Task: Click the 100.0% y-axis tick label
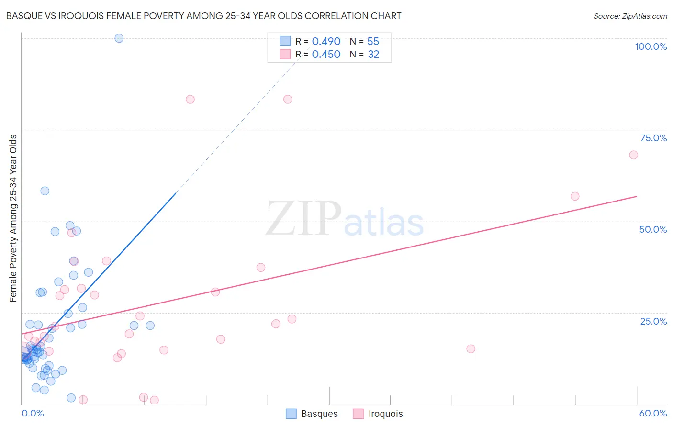(x=651, y=46)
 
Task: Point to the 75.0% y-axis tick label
(x=653, y=138)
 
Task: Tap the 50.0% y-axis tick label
(x=653, y=229)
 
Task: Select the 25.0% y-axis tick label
(x=653, y=321)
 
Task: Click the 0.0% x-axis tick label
(x=33, y=413)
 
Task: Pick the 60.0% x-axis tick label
(x=653, y=413)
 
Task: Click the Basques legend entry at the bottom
(x=312, y=414)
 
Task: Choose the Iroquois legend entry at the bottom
(x=378, y=414)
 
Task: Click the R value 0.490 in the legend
(x=326, y=42)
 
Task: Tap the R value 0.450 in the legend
(x=326, y=55)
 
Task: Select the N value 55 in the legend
(x=373, y=42)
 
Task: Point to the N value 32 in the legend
(x=373, y=55)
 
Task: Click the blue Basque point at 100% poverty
(x=119, y=38)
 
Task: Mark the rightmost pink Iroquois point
(x=633, y=155)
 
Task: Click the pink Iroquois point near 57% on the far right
(x=575, y=196)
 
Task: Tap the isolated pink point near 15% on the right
(x=471, y=349)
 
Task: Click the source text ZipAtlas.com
(x=630, y=16)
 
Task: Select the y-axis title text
(x=13, y=218)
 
